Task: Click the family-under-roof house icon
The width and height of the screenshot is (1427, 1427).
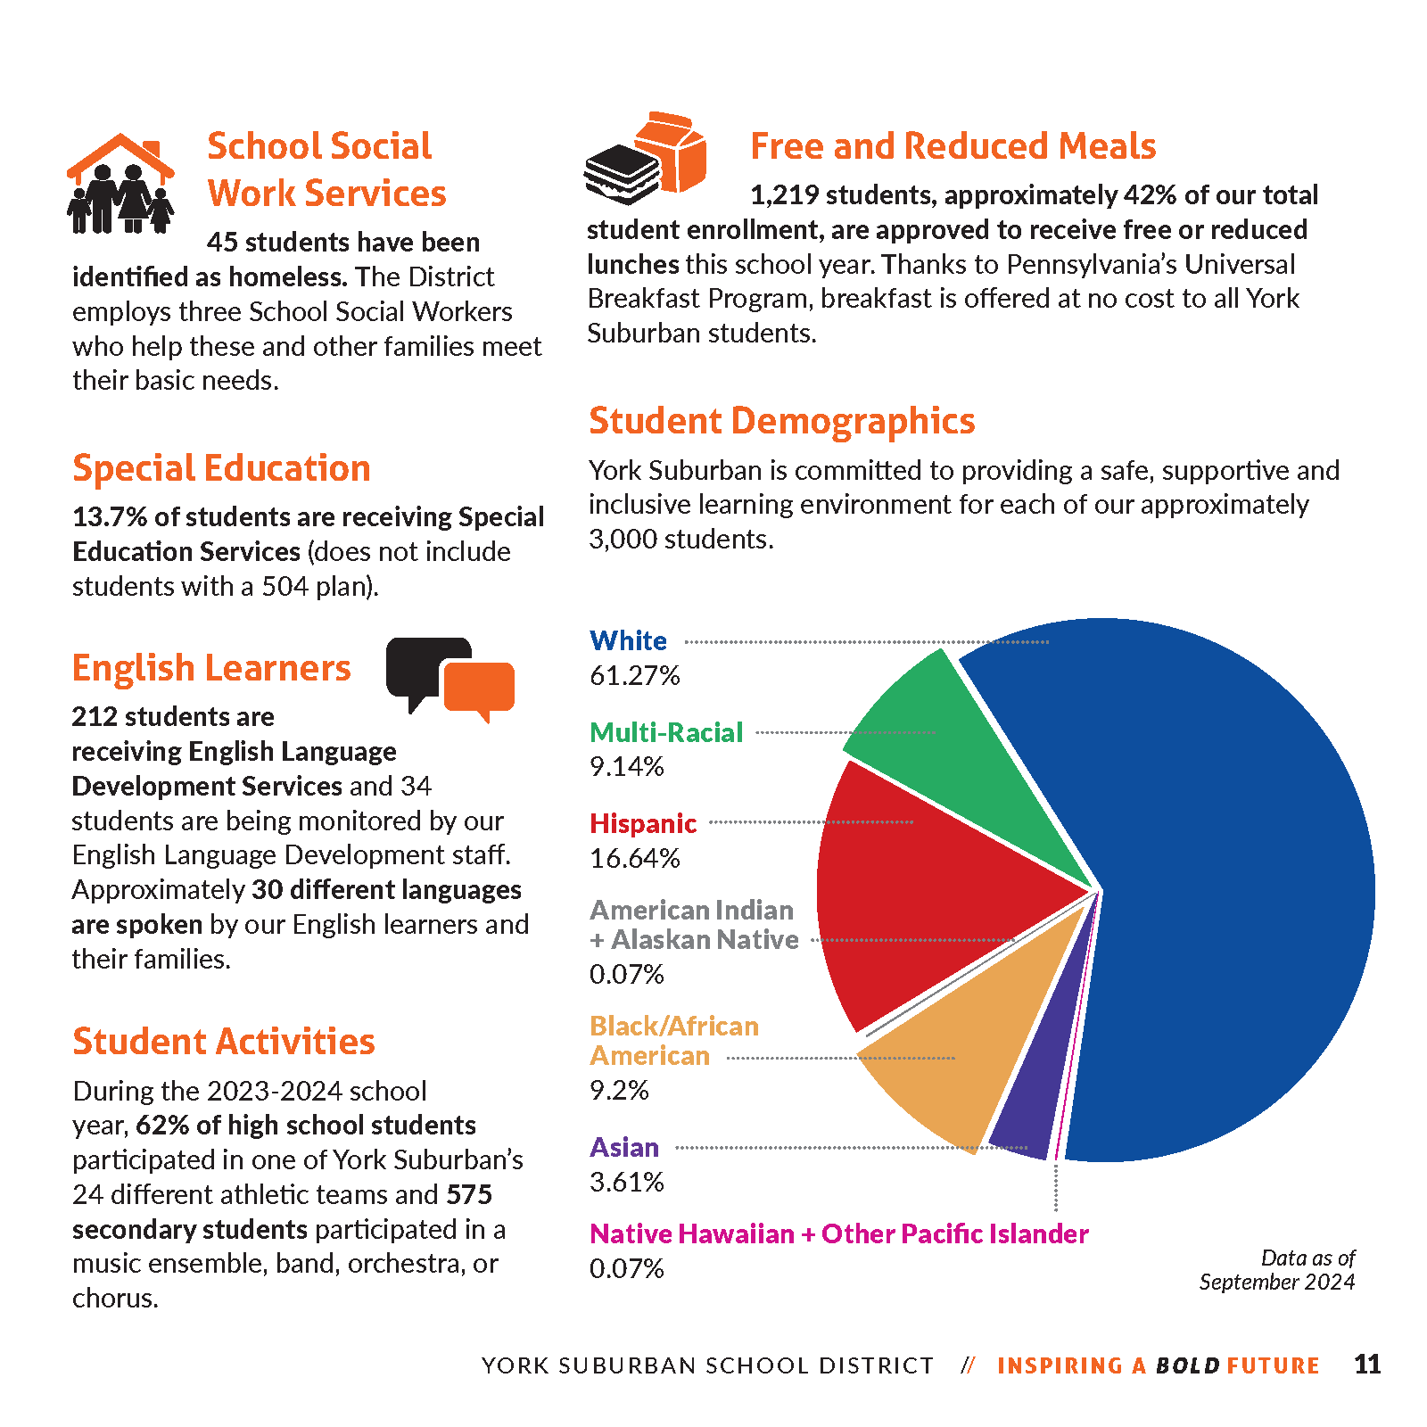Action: pos(120,184)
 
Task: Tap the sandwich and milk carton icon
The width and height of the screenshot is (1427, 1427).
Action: pos(645,159)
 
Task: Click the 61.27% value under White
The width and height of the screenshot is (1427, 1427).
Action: pos(634,676)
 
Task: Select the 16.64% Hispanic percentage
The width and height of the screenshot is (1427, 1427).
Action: pos(634,859)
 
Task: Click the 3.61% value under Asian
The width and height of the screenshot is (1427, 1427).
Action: pos(626,1183)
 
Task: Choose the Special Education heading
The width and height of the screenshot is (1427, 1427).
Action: pos(221,469)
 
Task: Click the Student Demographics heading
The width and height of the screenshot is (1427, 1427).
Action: pos(781,421)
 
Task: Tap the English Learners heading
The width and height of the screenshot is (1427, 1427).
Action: pos(211,668)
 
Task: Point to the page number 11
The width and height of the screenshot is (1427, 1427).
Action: pos(1366,1365)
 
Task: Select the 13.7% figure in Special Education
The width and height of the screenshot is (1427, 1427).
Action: pos(109,517)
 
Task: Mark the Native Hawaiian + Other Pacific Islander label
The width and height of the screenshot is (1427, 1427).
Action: pos(838,1234)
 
